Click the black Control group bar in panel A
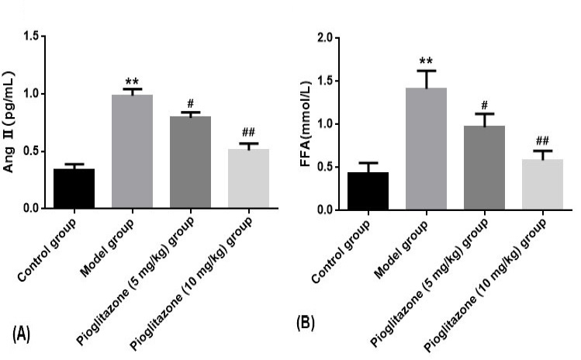point(74,189)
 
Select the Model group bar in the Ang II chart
point(133,151)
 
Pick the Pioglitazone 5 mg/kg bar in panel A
point(191,162)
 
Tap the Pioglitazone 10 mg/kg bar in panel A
point(249,178)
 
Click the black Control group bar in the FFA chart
point(368,191)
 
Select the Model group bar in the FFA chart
point(426,149)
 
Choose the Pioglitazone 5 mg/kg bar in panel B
point(484,168)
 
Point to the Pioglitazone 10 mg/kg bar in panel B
point(542,184)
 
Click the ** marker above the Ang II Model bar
point(132,82)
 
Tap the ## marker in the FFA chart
point(542,140)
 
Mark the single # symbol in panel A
point(191,103)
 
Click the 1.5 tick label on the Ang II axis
point(31,36)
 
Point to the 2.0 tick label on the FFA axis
point(325,38)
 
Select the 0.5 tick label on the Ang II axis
point(31,151)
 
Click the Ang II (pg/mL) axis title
point(9,122)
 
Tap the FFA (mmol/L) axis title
point(306,123)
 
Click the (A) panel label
point(21,334)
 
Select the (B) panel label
point(306,324)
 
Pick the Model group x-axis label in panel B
point(401,249)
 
